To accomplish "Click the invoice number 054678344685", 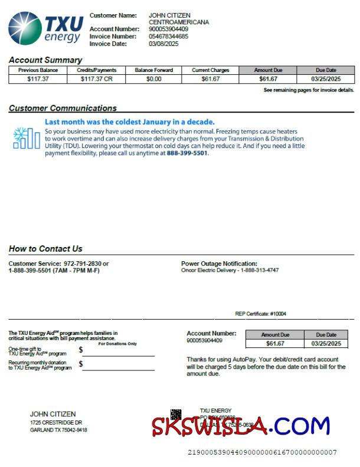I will [x=168, y=37].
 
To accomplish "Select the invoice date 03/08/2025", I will [x=163, y=44].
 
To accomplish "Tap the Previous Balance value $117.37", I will [x=38, y=78].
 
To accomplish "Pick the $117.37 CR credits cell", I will [x=96, y=78].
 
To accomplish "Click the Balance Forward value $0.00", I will [x=153, y=78].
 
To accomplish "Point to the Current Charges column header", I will [x=210, y=70].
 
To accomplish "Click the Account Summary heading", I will [x=45, y=60].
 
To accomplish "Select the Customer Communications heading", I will [x=63, y=108].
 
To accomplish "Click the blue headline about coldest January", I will [x=130, y=122].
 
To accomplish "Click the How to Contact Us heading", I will [x=45, y=249].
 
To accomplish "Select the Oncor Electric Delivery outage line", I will [x=230, y=271].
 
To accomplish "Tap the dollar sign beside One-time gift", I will [x=81, y=350].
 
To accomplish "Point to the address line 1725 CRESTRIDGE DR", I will [x=56, y=423].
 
